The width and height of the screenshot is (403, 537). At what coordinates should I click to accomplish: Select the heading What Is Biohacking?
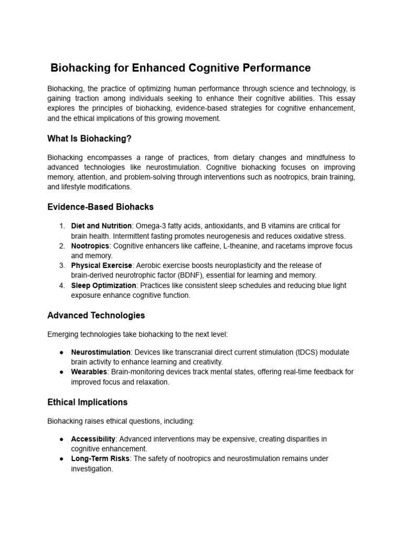(89, 138)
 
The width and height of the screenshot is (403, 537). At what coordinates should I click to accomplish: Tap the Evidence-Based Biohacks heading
(100, 207)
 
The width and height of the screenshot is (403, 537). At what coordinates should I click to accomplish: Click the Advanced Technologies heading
(96, 315)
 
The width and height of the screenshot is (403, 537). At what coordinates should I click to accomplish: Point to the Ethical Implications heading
(87, 402)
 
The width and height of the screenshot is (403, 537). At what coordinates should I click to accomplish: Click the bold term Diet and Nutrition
(101, 226)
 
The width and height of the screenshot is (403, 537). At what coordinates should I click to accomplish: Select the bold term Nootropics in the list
(90, 246)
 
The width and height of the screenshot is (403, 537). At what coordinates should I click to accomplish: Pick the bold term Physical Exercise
(102, 266)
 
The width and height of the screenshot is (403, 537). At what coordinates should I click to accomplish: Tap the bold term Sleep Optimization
(104, 286)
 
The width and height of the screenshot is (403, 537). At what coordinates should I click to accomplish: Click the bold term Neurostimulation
(101, 352)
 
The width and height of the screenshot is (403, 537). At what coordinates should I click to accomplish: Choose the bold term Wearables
(89, 372)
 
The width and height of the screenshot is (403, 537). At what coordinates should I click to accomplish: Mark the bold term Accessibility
(93, 439)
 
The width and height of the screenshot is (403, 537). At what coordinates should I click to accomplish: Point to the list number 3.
(62, 266)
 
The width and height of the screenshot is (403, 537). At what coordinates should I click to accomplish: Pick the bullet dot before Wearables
(62, 372)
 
